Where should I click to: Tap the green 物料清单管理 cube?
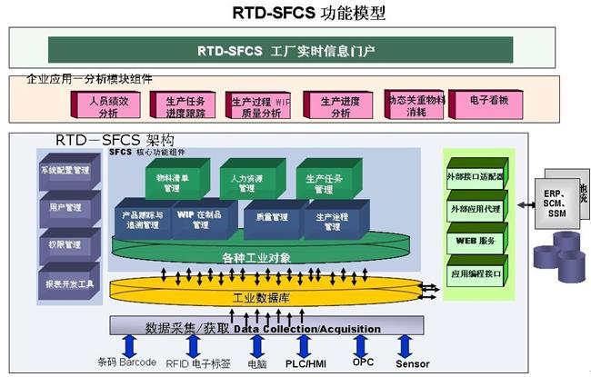click(x=172, y=184)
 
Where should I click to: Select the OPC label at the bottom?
click(x=362, y=362)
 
